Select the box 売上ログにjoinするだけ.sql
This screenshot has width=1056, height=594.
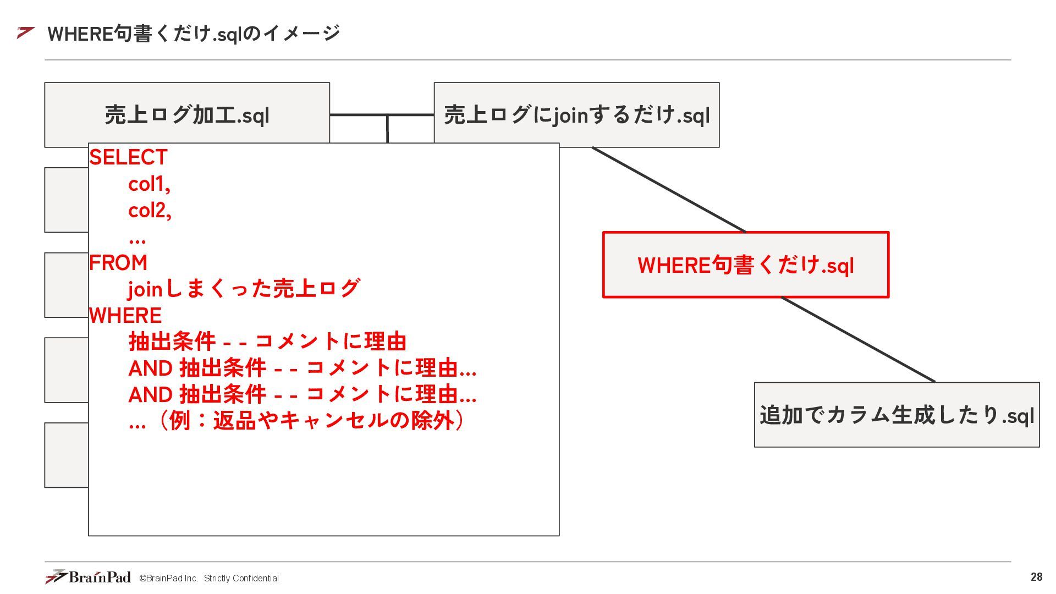point(576,115)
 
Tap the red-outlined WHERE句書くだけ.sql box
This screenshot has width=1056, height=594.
point(745,265)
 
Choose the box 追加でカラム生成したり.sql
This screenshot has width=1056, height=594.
point(897,415)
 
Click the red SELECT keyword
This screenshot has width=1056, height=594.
point(128,158)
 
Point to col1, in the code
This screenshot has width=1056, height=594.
point(149,184)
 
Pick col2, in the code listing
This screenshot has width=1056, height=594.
point(150,211)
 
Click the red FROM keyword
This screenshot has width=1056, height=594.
point(118,263)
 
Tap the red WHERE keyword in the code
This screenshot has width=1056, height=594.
point(125,316)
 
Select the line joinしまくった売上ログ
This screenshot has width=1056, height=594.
point(244,289)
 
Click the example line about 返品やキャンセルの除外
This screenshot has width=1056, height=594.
point(297,421)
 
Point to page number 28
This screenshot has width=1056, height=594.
point(1036,577)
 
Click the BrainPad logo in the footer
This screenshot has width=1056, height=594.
point(88,577)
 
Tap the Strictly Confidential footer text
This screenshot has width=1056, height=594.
point(241,578)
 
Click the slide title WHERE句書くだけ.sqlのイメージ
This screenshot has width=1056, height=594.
point(194,34)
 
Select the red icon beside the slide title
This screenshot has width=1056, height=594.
point(25,33)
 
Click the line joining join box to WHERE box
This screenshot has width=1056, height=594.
point(668,190)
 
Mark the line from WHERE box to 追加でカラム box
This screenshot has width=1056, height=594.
point(858,339)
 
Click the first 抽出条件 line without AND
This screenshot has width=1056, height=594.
point(267,342)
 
